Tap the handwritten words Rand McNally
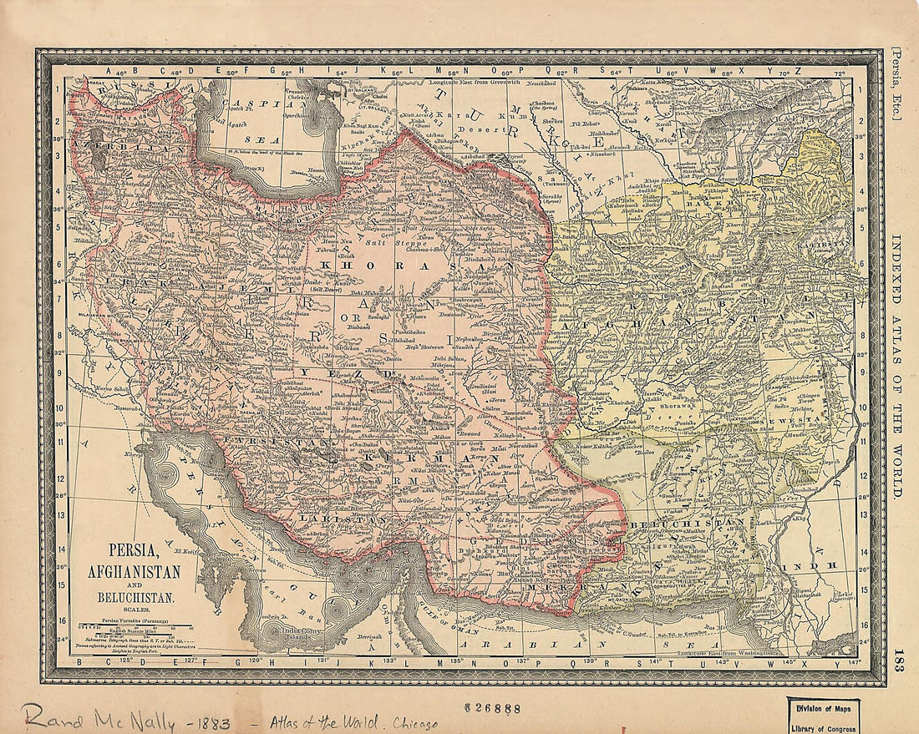click(x=99, y=716)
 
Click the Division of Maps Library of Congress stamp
click(x=823, y=716)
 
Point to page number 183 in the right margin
click(x=897, y=656)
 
